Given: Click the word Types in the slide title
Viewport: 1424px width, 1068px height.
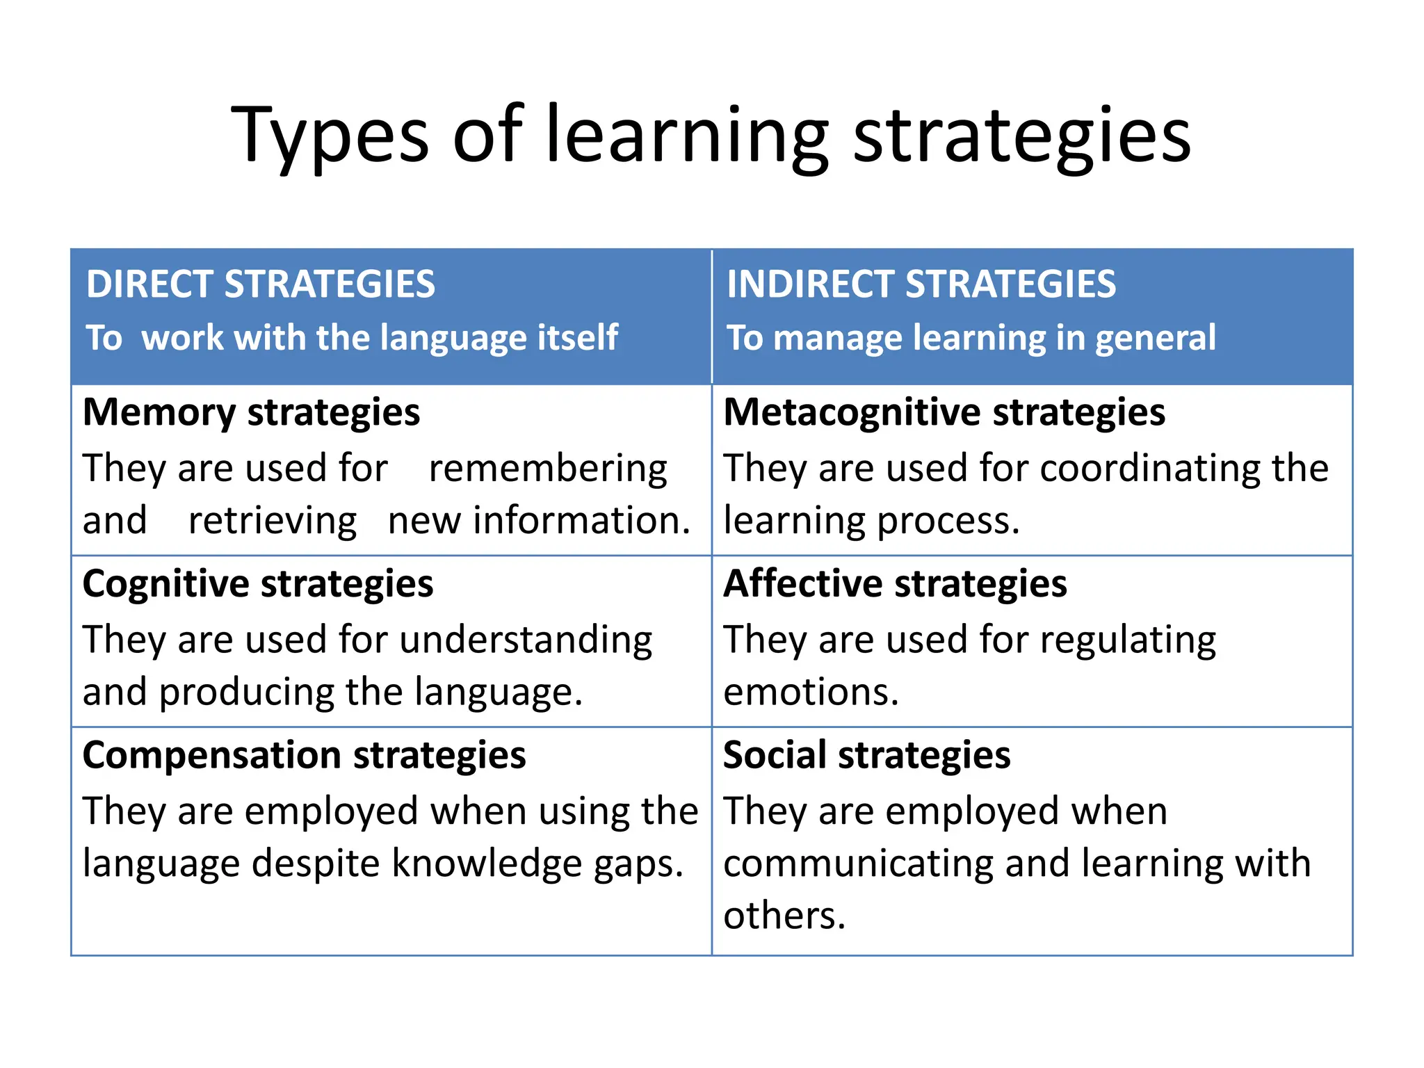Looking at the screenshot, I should [x=330, y=136].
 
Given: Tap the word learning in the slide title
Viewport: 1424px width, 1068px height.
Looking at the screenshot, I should [x=687, y=136].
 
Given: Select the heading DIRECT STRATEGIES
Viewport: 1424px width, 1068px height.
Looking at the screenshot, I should [x=261, y=284].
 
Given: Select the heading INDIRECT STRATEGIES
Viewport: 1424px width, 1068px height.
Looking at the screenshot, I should [x=921, y=284].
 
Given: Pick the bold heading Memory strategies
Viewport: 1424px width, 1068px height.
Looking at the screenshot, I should [x=251, y=412].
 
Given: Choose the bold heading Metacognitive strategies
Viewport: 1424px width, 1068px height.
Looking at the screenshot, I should [x=944, y=412].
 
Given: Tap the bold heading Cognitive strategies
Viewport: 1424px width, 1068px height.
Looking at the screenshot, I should [x=258, y=583].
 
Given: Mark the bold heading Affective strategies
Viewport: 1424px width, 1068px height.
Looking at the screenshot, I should [x=895, y=583].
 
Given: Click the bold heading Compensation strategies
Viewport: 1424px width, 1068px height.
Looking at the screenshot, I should [x=304, y=755].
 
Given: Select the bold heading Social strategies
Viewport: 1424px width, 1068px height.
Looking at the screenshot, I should [x=866, y=755].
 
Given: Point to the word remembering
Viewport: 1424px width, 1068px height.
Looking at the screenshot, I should [x=548, y=468].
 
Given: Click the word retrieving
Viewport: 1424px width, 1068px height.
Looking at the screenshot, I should [x=273, y=521].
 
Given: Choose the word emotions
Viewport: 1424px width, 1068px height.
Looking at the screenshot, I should [x=811, y=693].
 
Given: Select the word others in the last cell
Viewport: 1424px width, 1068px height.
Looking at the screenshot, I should [x=784, y=916].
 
